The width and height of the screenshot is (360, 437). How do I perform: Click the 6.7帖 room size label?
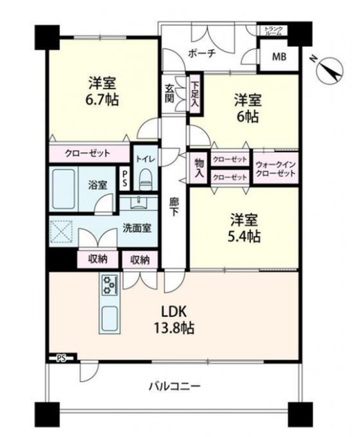102,100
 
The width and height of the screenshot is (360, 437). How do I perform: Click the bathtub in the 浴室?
64,189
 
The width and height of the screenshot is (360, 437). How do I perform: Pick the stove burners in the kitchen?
108,285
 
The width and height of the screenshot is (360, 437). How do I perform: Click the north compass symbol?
330,71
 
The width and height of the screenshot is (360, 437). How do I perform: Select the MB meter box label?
279,57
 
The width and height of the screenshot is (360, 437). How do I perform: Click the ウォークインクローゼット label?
275,169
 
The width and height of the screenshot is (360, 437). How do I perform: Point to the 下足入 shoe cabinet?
195,93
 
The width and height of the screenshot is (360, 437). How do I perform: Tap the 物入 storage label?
199,167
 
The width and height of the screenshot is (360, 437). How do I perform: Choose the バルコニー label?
175,387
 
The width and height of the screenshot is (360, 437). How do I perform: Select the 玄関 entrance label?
169,93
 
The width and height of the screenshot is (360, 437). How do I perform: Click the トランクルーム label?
274,30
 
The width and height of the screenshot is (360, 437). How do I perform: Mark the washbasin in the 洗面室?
138,202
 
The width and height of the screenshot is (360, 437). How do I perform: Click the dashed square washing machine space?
61,232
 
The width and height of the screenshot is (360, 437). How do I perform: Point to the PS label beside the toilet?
124,178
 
